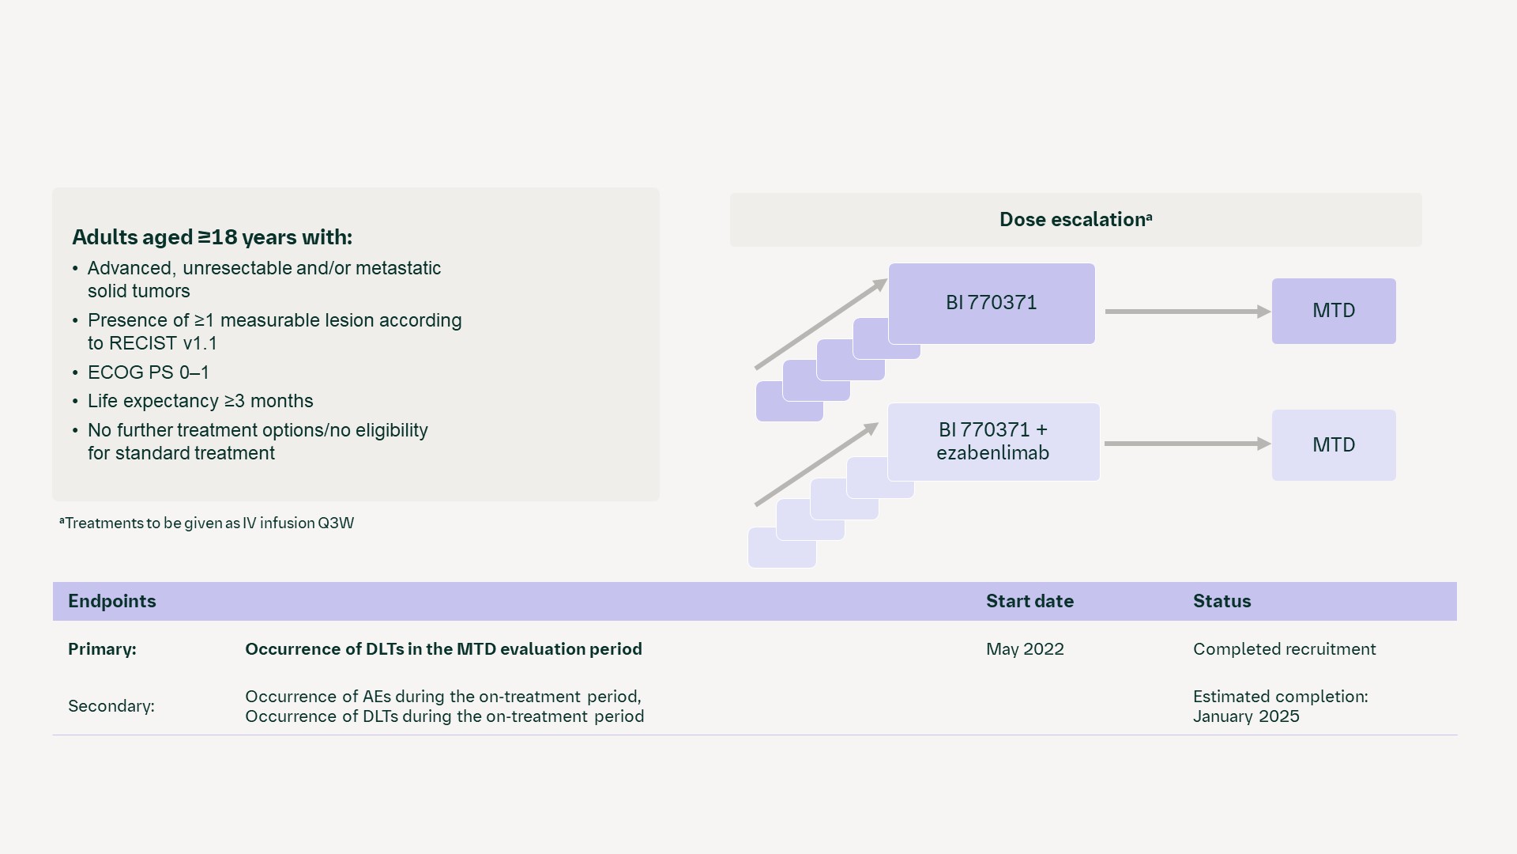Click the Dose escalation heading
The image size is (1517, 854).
click(1075, 220)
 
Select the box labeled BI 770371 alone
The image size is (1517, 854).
click(991, 303)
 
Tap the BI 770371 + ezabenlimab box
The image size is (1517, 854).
click(992, 441)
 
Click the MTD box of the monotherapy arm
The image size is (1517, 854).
click(1333, 311)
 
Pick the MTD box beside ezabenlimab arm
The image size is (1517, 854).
click(1333, 444)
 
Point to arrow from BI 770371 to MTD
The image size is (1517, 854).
click(1185, 312)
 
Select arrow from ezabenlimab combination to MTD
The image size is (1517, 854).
click(1185, 444)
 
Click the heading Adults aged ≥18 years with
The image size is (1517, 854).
click(212, 237)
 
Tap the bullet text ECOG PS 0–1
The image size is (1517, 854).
click(148, 372)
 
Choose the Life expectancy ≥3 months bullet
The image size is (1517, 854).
click(200, 401)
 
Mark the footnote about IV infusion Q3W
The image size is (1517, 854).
click(207, 523)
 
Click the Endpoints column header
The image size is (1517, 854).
click(111, 601)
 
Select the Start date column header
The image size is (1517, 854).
click(1029, 601)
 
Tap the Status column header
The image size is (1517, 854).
click(1222, 601)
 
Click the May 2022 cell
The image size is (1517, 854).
click(1024, 649)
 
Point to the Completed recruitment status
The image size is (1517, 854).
click(1284, 649)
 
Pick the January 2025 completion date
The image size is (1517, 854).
click(1245, 716)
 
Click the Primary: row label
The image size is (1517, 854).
click(102, 649)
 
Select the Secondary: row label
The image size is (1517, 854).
click(111, 706)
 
